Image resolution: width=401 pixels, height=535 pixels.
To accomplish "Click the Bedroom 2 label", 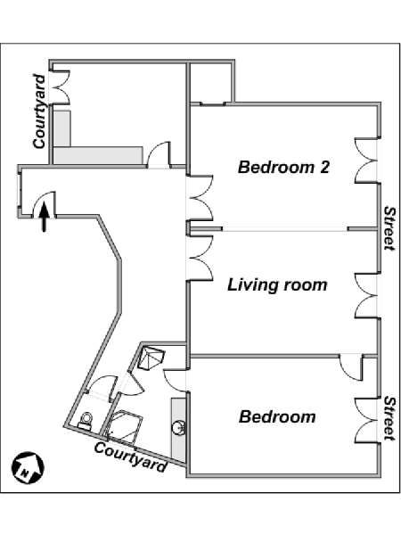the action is tap(283, 168).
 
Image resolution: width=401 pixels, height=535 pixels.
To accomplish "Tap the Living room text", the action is tap(277, 285).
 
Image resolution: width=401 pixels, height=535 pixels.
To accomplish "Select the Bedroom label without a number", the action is tap(277, 416).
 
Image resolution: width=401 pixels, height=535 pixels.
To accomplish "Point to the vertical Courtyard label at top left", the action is tap(39, 111).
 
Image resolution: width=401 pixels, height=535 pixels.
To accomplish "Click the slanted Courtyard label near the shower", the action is tap(131, 457).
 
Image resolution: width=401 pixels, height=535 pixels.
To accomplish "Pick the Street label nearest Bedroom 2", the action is tap(389, 228).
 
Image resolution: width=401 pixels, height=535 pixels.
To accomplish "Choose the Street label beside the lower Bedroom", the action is tap(389, 418).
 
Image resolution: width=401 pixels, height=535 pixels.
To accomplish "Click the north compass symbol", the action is tap(28, 467).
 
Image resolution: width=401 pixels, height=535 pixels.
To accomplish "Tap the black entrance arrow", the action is tap(44, 217).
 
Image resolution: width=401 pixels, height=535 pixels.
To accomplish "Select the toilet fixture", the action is tap(86, 421).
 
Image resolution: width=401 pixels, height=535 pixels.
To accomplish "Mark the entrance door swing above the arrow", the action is tap(44, 204).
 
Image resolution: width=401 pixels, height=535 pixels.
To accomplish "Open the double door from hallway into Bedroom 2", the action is tap(200, 198).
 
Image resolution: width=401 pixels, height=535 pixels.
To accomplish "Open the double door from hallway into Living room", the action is tap(200, 258).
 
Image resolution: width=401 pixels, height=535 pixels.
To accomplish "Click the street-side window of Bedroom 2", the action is tap(366, 160).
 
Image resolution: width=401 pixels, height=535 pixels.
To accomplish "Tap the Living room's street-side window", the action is tap(366, 296).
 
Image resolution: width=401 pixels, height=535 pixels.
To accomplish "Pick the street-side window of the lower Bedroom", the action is tap(366, 421).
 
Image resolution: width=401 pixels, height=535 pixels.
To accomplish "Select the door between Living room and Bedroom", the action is tap(351, 367).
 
